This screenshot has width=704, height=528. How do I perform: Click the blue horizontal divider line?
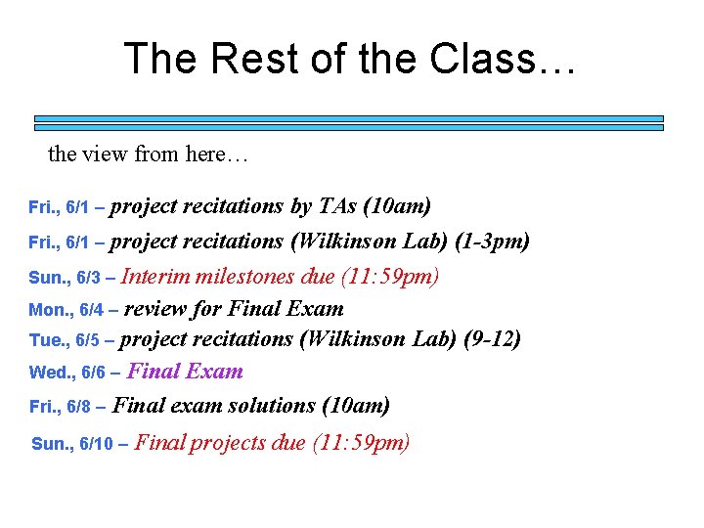349,121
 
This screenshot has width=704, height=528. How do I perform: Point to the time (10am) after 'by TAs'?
397,206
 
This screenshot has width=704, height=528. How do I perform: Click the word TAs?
337,206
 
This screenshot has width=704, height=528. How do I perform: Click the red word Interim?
156,277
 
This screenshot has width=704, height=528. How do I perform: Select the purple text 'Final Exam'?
185,372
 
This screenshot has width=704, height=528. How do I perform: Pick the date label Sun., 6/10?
73,444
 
